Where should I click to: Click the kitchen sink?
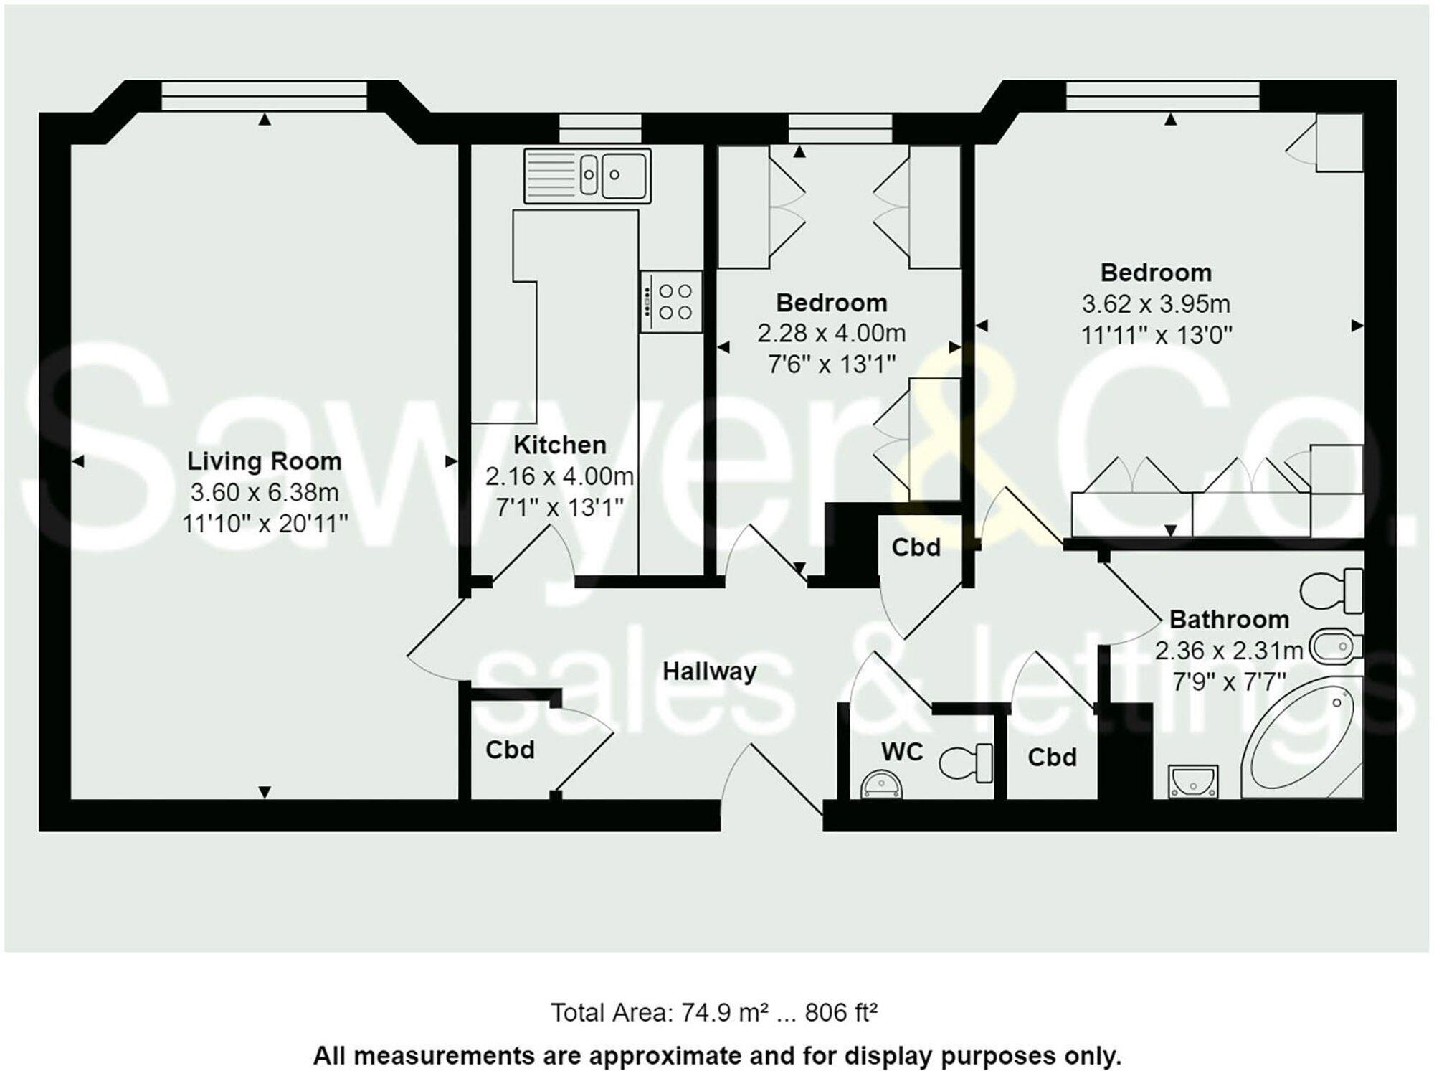click(588, 176)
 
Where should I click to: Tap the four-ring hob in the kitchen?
click(671, 301)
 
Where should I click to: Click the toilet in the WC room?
click(964, 763)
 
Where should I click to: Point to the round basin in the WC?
click(881, 784)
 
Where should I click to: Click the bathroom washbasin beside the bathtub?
click(1193, 780)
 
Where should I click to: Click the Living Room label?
click(265, 461)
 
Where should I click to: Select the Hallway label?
click(709, 671)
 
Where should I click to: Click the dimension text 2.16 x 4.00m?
click(559, 476)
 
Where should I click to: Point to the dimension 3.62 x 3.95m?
click(1156, 304)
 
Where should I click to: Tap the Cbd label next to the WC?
click(1052, 758)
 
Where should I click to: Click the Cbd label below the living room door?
click(510, 750)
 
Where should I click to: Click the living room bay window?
click(264, 96)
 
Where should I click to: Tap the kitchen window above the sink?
click(600, 128)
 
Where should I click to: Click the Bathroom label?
click(1229, 619)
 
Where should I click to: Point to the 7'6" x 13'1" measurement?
click(832, 364)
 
